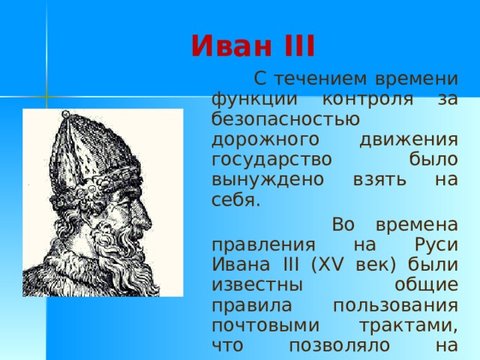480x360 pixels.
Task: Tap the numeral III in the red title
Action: click(295, 46)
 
